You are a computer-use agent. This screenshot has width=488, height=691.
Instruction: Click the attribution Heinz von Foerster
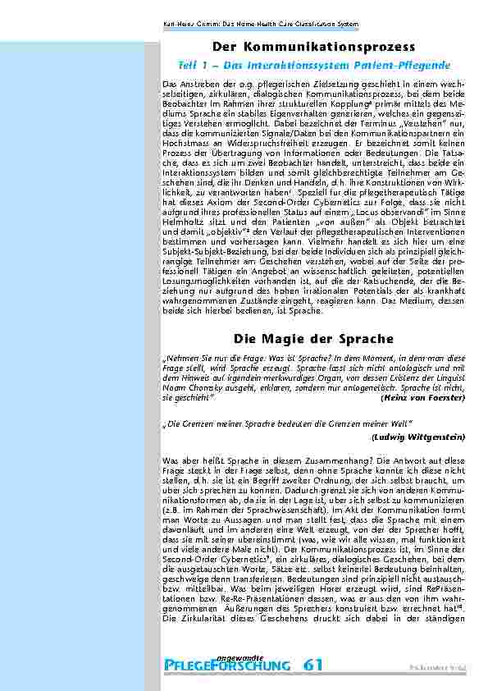pos(424,397)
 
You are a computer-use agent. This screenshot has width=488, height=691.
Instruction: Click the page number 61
pos(312,664)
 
